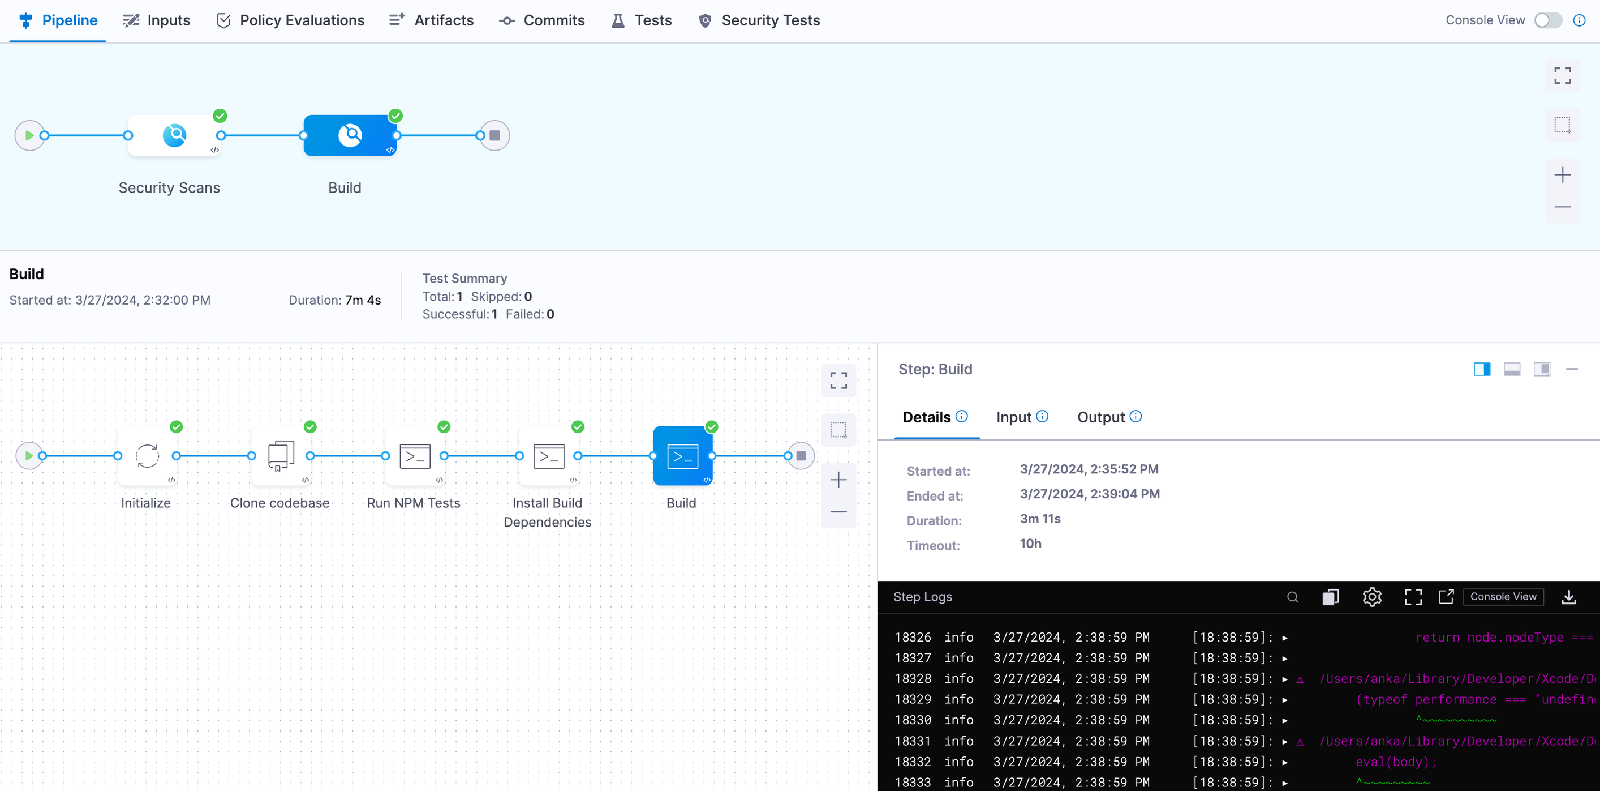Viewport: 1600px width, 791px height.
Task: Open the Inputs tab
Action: tap(157, 20)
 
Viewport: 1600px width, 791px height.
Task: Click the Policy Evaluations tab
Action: tap(290, 20)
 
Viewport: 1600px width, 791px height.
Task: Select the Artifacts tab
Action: tap(431, 20)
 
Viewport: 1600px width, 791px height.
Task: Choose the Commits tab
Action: tap(541, 20)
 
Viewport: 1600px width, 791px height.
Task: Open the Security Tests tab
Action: tap(759, 20)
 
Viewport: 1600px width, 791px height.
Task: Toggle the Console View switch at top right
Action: tap(1547, 20)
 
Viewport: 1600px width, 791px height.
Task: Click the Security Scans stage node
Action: tap(174, 135)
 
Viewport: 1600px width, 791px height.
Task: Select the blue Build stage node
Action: tap(350, 135)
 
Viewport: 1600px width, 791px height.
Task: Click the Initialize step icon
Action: tap(147, 456)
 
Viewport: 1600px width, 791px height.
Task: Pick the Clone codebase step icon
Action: tap(281, 456)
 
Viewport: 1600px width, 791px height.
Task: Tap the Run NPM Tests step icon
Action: tap(415, 456)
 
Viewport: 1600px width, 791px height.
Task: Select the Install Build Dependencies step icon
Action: tap(548, 456)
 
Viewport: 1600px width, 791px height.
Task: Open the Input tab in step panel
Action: tap(1014, 417)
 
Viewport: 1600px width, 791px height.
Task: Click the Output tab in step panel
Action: tap(1101, 417)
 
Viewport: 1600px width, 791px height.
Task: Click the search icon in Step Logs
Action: tap(1293, 597)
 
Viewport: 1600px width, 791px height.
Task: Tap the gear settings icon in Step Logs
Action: tap(1371, 597)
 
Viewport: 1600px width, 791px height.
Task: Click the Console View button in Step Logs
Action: tap(1503, 597)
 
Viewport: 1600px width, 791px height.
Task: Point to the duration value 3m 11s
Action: tap(1040, 519)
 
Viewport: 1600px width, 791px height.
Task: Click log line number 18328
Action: tap(913, 678)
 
